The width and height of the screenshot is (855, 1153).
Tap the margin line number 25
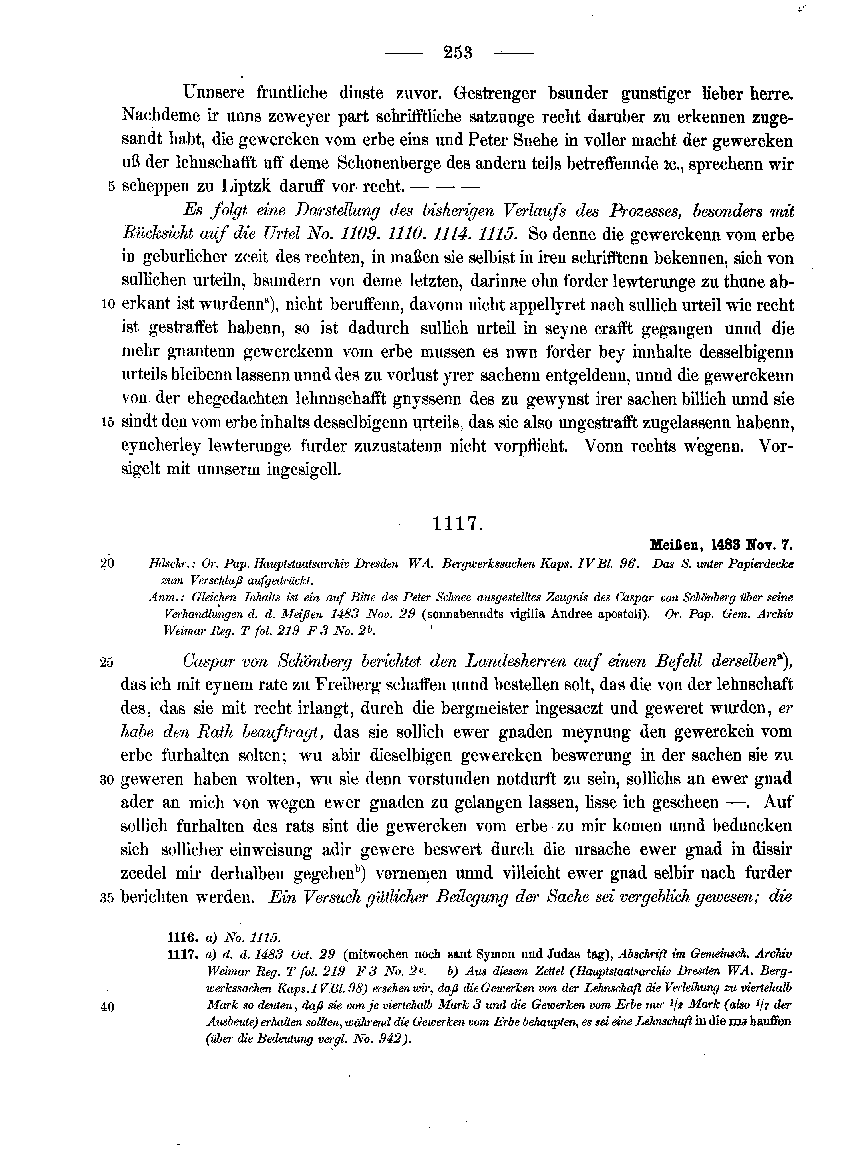[106, 663]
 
